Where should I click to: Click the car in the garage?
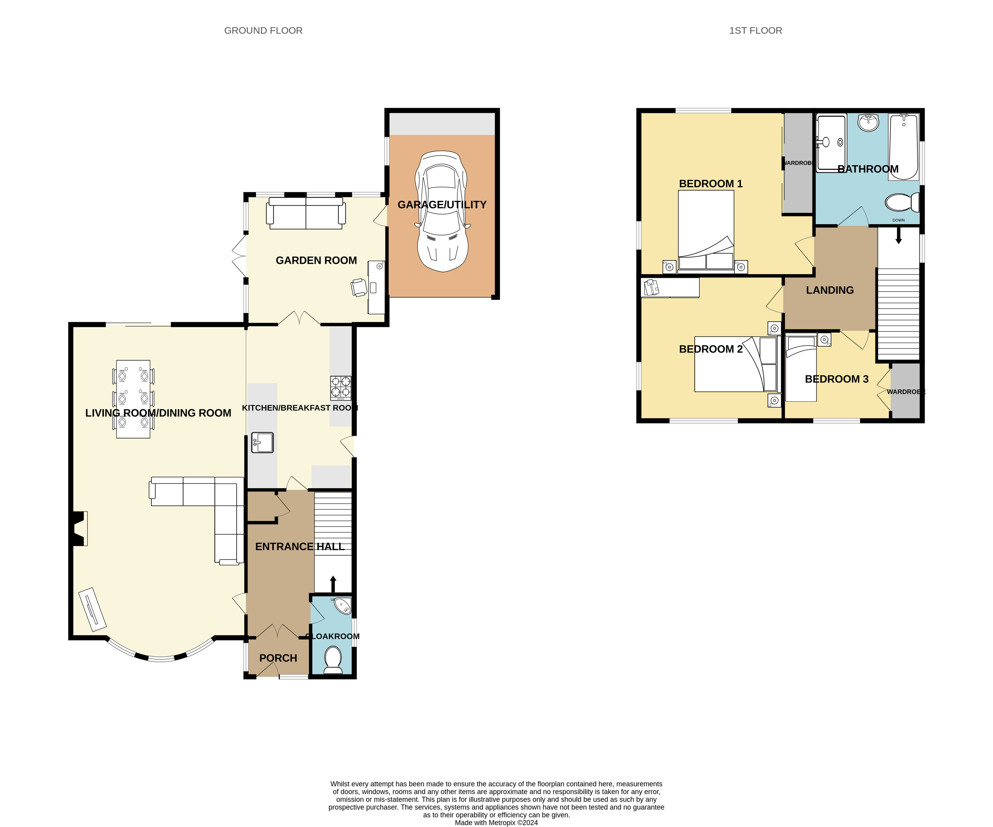coord(442,211)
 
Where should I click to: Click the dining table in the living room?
coord(133,399)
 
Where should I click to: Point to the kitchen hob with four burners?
coord(340,388)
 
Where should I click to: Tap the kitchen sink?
coord(262,442)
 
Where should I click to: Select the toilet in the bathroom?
coord(902,203)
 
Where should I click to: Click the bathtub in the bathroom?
coord(904,147)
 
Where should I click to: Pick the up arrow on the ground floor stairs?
coord(333,584)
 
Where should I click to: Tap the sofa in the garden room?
coord(306,213)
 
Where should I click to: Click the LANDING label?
coord(830,290)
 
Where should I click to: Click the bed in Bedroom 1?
coord(706,232)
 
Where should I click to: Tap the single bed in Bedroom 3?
coord(801,368)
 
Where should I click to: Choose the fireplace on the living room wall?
coord(80,528)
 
